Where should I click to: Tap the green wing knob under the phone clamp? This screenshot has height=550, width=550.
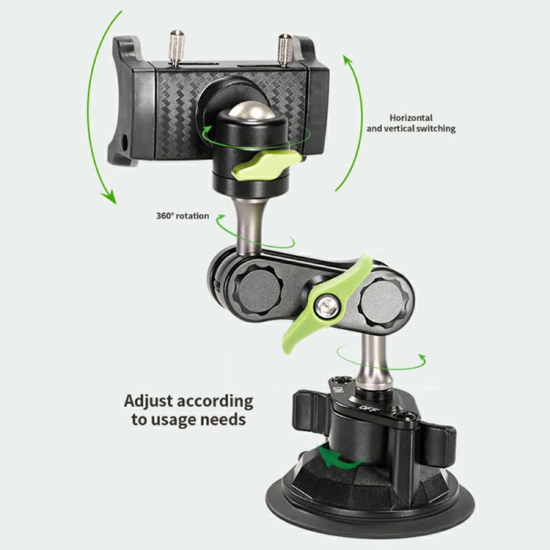click(267, 164)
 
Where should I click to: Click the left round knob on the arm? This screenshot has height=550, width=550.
click(258, 291)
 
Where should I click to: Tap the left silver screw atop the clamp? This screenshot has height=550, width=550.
click(177, 47)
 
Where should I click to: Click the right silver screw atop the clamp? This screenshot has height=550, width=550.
click(285, 50)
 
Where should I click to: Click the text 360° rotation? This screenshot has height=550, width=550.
click(182, 216)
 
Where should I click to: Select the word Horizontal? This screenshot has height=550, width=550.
click(411, 118)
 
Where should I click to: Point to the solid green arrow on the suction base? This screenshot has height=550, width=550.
click(340, 458)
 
